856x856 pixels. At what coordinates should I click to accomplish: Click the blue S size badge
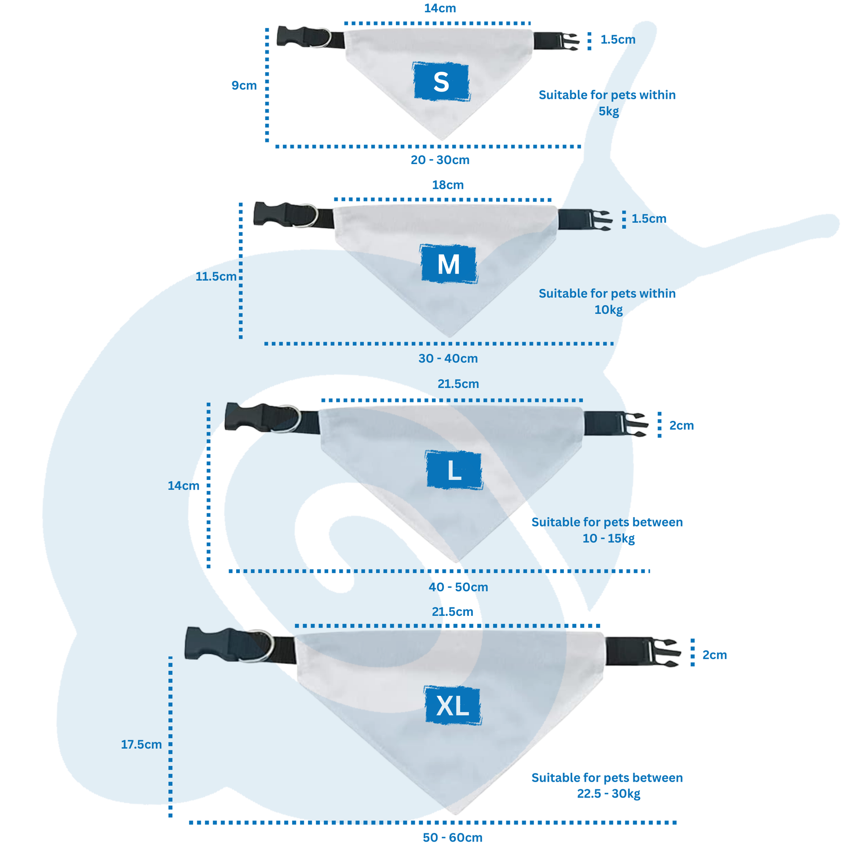tap(441, 81)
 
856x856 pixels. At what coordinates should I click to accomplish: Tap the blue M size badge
tap(448, 264)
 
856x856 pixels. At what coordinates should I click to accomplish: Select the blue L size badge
tap(454, 470)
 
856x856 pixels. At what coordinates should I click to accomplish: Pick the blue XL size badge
tap(452, 706)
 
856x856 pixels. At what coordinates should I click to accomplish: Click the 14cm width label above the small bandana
tap(439, 8)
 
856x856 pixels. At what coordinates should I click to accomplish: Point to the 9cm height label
tap(244, 85)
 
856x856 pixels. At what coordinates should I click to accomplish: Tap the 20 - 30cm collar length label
tap(439, 160)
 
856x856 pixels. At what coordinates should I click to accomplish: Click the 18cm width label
tap(447, 185)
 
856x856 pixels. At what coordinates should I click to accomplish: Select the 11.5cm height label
tap(216, 277)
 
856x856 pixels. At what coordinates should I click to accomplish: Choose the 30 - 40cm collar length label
tap(448, 358)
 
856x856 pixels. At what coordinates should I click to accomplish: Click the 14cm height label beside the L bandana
tap(183, 486)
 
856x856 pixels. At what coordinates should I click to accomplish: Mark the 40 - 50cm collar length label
tap(458, 587)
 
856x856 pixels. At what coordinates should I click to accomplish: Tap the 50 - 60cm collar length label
tap(452, 838)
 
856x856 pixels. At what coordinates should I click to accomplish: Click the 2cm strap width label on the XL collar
tap(714, 655)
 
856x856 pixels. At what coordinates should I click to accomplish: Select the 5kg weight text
tap(608, 111)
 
